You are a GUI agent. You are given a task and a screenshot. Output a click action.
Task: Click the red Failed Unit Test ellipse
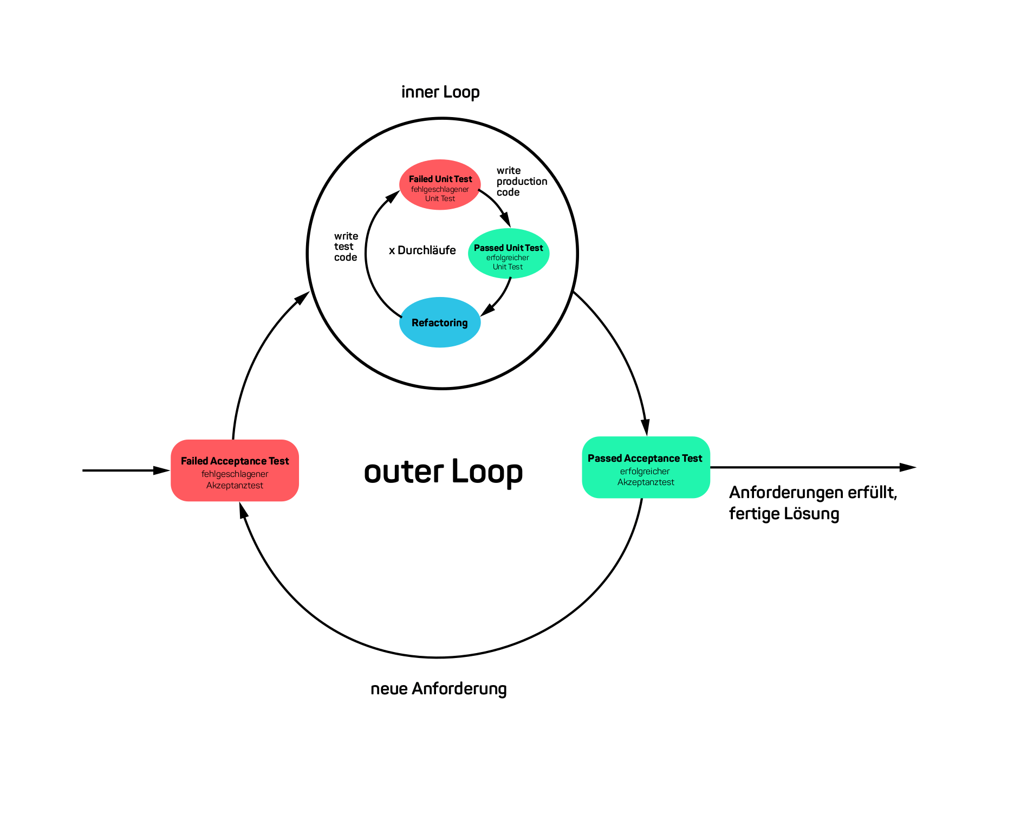point(440,184)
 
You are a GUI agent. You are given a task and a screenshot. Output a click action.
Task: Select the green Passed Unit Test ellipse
point(509,254)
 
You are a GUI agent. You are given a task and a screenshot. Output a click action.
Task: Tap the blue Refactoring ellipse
point(440,322)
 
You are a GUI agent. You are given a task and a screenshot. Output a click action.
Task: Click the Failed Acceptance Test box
point(235,470)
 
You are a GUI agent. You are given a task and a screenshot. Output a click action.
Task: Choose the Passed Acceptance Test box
point(646,467)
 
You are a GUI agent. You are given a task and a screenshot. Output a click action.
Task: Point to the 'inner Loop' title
point(440,92)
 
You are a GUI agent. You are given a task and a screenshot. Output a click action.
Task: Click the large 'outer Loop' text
point(443,471)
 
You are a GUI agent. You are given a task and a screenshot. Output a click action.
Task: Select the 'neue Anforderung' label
point(438,689)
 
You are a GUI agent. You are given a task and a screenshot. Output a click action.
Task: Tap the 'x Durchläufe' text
point(422,250)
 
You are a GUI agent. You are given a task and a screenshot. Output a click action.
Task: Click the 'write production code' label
point(521,182)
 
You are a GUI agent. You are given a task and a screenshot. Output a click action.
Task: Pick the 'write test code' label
point(346,247)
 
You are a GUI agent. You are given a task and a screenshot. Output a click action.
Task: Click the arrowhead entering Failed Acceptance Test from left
point(162,470)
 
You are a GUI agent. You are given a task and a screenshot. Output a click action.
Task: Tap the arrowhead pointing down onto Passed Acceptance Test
point(645,428)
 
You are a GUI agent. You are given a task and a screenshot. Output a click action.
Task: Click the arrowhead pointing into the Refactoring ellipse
point(488,309)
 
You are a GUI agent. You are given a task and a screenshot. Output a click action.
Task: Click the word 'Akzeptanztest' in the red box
point(235,486)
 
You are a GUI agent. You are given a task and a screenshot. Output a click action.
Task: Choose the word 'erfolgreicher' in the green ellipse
point(508,258)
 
